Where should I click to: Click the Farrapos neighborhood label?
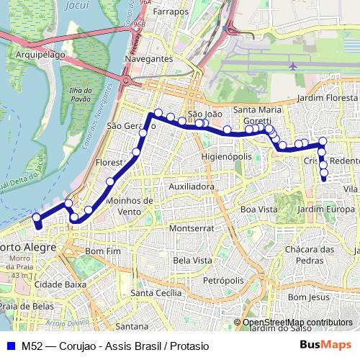(166, 12)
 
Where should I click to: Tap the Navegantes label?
(148, 58)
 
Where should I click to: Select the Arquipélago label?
(41, 53)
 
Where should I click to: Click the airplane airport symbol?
(293, 66)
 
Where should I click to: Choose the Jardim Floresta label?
(327, 97)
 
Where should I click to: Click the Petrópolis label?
(225, 279)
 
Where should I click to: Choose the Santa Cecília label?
(156, 293)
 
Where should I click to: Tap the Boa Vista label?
(258, 209)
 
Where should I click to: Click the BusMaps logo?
(325, 345)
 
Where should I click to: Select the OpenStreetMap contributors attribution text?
(297, 323)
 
